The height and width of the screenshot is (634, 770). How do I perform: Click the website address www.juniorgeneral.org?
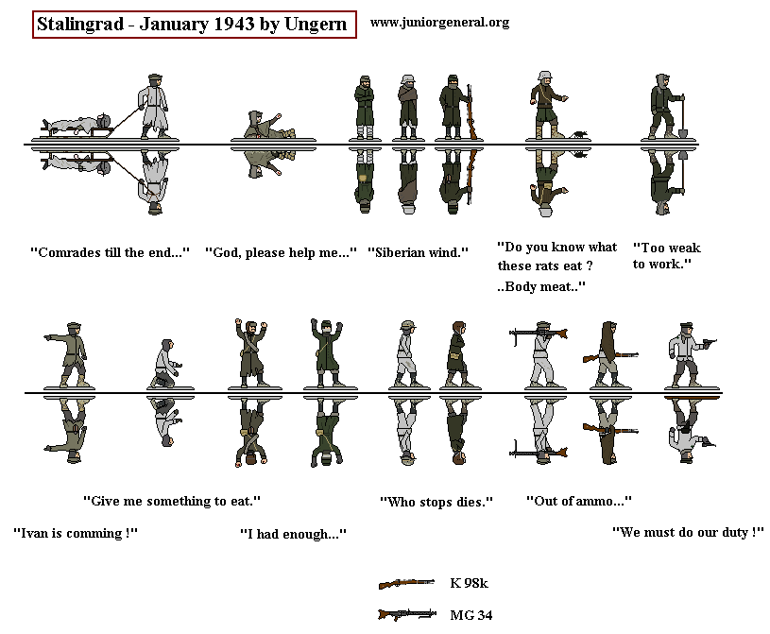click(x=439, y=22)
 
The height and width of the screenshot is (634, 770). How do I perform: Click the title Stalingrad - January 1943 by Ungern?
click(x=195, y=25)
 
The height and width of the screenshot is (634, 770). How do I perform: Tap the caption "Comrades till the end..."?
click(x=111, y=252)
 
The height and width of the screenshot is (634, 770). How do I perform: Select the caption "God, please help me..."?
click(x=281, y=252)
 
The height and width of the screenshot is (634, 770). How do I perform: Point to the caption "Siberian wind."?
click(x=418, y=252)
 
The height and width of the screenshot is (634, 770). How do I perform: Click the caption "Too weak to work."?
click(x=666, y=256)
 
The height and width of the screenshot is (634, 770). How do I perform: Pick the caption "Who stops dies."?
click(x=436, y=502)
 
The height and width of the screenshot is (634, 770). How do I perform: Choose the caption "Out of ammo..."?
click(x=578, y=501)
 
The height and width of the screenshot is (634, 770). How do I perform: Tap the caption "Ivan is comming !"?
click(x=76, y=533)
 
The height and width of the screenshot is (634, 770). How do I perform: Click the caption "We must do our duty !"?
click(x=688, y=532)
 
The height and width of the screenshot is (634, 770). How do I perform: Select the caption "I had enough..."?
click(x=293, y=535)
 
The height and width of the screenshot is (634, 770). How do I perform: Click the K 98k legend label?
click(x=468, y=583)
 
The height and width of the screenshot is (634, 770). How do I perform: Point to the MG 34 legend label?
click(x=470, y=615)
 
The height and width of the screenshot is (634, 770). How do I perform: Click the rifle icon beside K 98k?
click(x=406, y=584)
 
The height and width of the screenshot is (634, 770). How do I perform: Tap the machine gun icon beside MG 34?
click(x=406, y=615)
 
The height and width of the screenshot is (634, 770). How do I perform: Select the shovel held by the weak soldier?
click(x=680, y=118)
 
